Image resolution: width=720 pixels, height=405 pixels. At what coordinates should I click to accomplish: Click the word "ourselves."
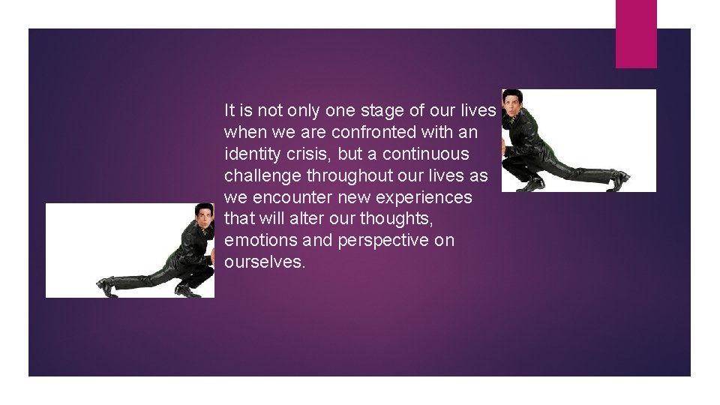click(265, 262)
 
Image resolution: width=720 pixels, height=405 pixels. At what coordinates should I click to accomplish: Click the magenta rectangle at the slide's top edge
click(636, 33)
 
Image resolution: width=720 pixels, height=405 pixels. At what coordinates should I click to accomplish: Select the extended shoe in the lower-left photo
click(106, 285)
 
